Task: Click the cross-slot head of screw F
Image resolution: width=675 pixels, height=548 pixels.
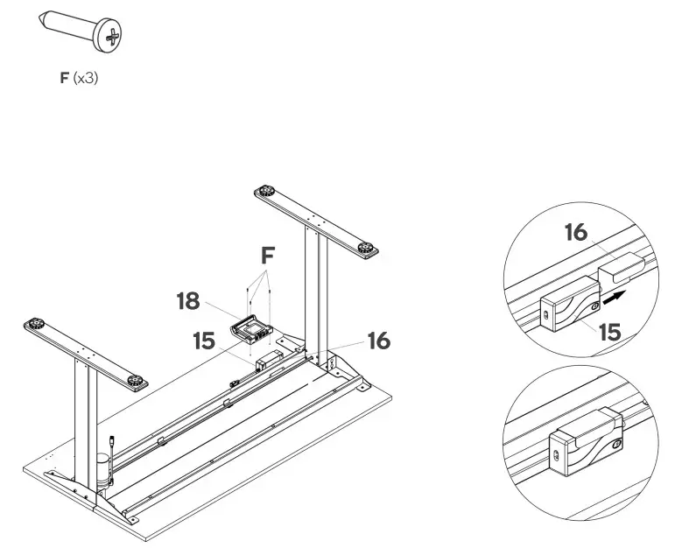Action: tap(113, 34)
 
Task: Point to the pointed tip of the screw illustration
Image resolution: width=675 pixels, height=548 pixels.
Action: tap(46, 17)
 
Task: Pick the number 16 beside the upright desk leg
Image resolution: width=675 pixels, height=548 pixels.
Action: tap(377, 341)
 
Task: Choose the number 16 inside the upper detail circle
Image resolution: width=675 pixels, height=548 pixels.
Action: tap(574, 232)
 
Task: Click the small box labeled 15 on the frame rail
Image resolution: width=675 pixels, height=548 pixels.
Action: tap(267, 359)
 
